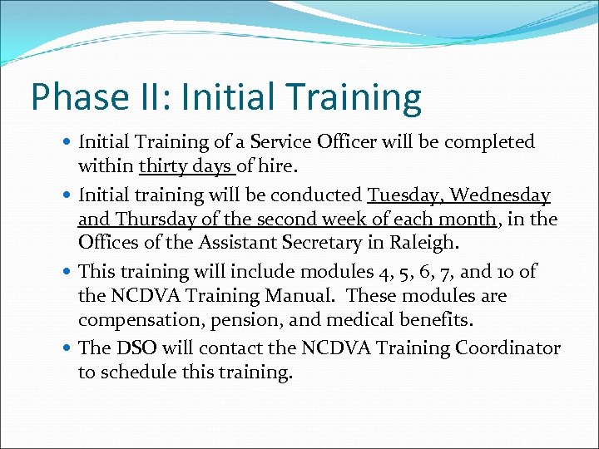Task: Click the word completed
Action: [491, 142]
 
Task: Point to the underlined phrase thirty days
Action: [186, 166]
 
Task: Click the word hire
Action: [273, 166]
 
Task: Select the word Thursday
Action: [151, 220]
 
